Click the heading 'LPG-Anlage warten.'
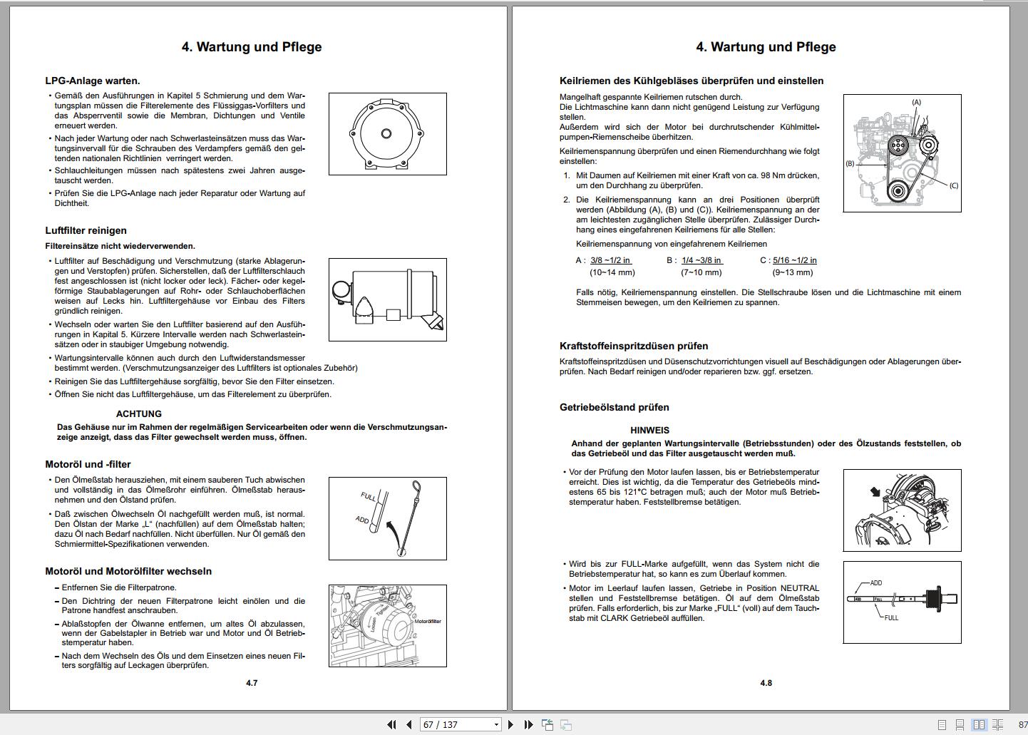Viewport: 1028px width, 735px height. pos(93,81)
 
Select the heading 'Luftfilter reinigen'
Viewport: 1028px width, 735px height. pos(86,230)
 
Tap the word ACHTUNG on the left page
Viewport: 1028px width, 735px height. pos(139,413)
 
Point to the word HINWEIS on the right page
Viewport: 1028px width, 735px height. pos(649,430)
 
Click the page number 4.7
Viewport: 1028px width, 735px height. pos(252,683)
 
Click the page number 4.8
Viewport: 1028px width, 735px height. pos(766,683)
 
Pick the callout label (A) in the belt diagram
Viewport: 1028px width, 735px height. pos(916,103)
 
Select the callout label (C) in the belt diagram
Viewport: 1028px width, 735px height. pos(953,185)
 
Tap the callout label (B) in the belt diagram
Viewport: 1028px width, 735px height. pos(850,163)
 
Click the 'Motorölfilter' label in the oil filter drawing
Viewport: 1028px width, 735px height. pos(427,622)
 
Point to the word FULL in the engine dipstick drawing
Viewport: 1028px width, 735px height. pos(369,496)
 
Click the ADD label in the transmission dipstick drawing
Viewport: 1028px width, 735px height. pos(875,583)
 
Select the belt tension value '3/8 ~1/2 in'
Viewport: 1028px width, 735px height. pos(610,260)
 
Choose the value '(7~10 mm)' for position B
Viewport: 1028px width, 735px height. pos(701,272)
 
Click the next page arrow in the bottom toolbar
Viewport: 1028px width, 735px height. pos(510,724)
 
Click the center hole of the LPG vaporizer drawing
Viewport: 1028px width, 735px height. pos(386,133)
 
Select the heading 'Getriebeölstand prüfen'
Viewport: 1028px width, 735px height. pos(615,407)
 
